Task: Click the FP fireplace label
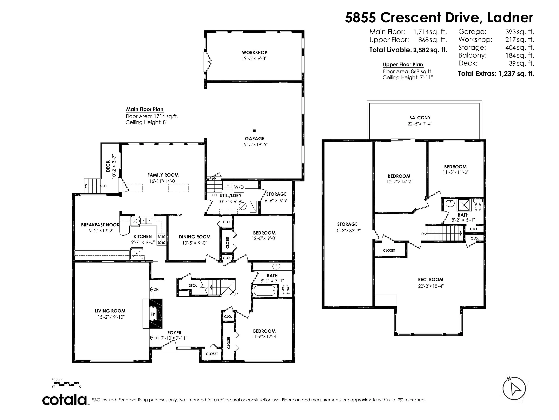coord(153,314)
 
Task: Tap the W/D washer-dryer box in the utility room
coord(239,187)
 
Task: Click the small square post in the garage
coord(254,131)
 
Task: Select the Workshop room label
coord(254,52)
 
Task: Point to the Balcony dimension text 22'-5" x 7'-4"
coord(420,124)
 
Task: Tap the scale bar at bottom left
coord(66,383)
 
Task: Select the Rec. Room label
coord(430,279)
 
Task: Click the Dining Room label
coord(195,237)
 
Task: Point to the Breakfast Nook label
coord(100,225)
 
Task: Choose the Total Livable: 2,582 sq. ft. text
coord(408,50)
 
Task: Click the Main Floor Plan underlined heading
coord(144,109)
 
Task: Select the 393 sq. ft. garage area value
coord(520,32)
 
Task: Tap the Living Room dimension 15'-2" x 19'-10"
coord(110,317)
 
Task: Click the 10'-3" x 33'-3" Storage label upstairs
coord(347,231)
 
